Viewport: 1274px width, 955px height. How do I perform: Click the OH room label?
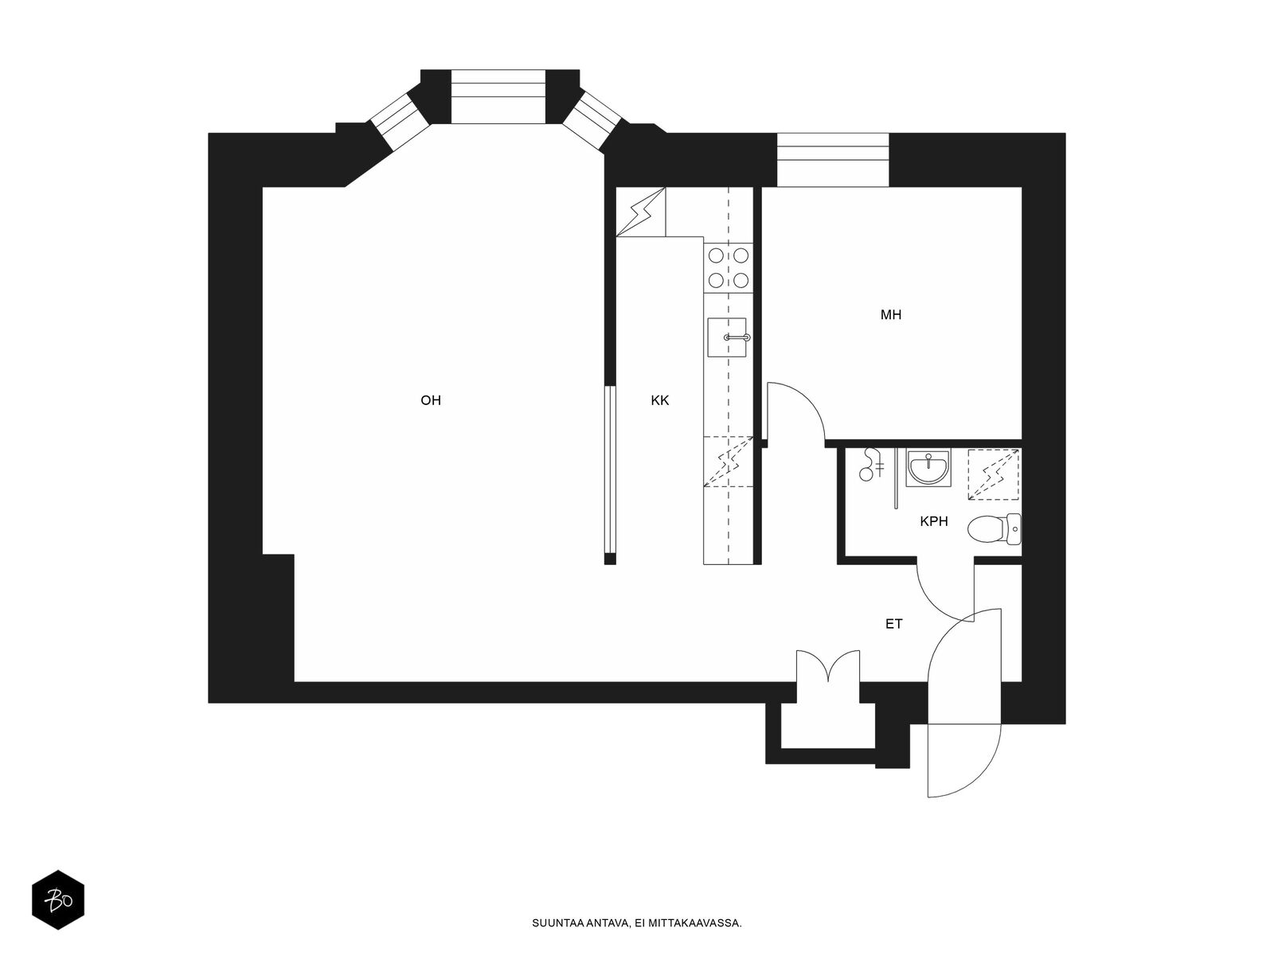(x=431, y=400)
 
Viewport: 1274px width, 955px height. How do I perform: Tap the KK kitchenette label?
(x=659, y=400)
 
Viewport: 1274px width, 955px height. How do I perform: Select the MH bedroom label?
(x=891, y=315)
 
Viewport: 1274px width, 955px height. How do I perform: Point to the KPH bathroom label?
(x=934, y=522)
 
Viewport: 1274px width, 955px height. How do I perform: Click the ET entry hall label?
(x=894, y=624)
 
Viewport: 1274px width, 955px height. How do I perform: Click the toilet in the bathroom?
(x=994, y=528)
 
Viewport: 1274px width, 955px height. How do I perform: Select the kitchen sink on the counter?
(x=727, y=337)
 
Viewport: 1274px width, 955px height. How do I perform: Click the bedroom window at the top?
(x=832, y=160)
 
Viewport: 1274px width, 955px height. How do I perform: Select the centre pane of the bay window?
(x=499, y=96)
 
